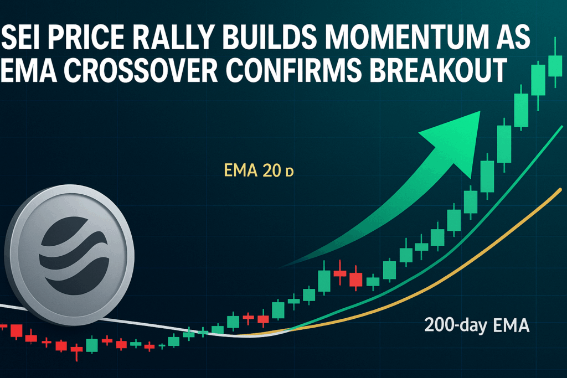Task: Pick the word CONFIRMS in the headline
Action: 295,69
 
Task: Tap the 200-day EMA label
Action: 477,325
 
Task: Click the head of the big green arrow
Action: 456,141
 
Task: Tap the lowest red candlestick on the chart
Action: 76,350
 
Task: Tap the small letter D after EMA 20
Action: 289,172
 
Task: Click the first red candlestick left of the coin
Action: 16,330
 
